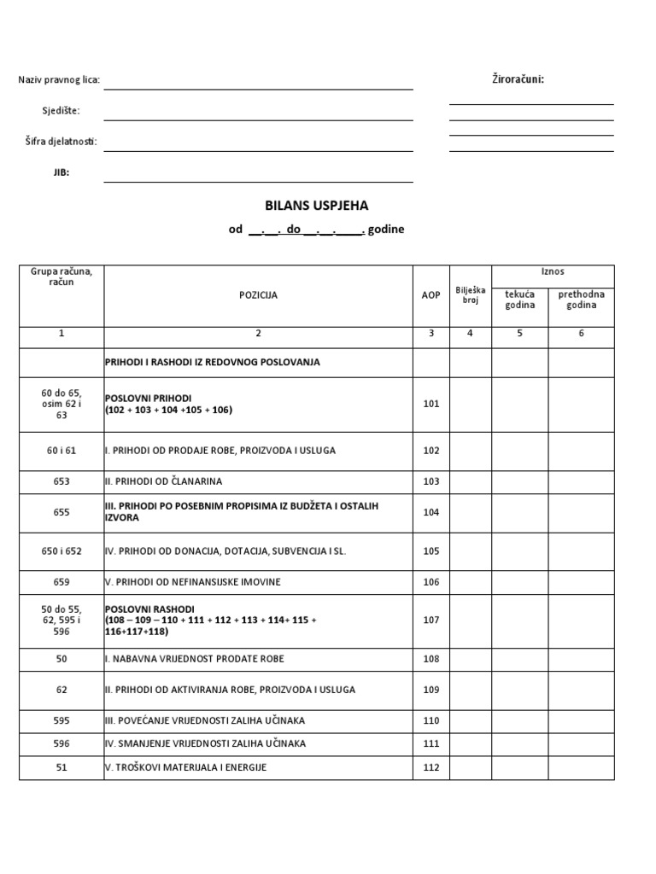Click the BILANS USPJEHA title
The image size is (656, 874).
tap(317, 206)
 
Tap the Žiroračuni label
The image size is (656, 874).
tap(517, 79)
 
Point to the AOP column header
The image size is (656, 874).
tap(431, 295)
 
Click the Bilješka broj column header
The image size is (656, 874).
tap(470, 295)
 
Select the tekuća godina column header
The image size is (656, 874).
tap(520, 300)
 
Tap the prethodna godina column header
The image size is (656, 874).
tap(581, 300)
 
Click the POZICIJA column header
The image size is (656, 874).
tap(258, 295)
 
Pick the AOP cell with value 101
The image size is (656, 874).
tap(431, 404)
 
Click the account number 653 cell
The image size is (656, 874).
tap(61, 481)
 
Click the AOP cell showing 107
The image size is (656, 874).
tap(431, 621)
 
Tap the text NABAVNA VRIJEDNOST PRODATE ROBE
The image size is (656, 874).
tap(194, 659)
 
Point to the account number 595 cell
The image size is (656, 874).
tap(61, 720)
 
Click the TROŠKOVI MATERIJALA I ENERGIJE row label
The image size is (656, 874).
tap(185, 767)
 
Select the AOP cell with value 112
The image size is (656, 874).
tap(431, 767)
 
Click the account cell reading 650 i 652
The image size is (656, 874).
tap(61, 551)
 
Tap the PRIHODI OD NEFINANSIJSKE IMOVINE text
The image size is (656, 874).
tap(192, 582)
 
